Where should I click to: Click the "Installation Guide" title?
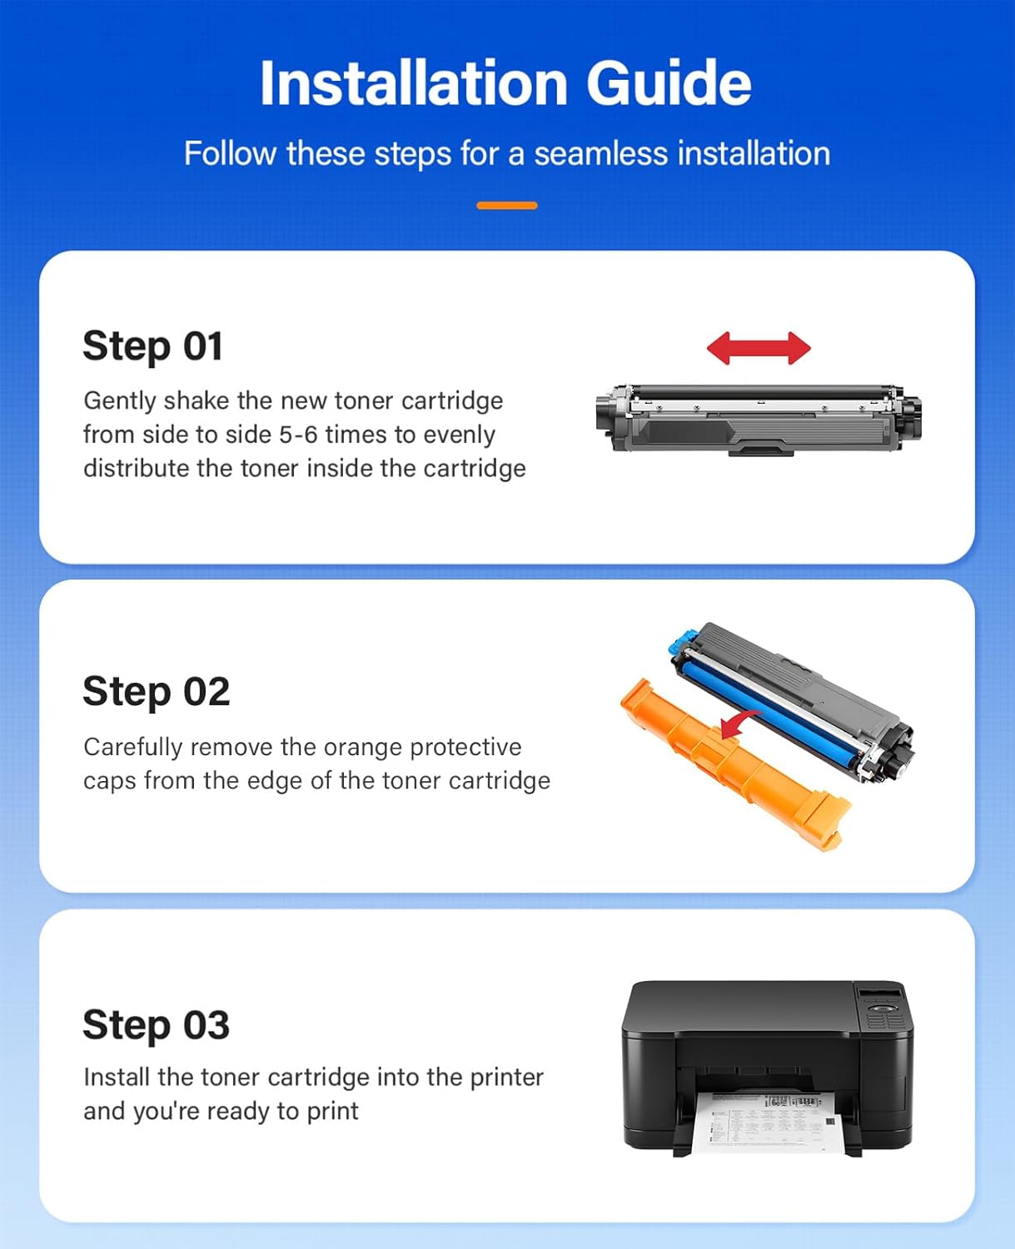505,83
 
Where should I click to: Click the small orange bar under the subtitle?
506,206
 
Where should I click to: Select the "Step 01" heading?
153,346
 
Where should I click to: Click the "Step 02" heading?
156,692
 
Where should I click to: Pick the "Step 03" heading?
156,1025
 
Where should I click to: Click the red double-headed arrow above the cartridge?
759,348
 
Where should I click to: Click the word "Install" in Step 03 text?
117,1077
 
